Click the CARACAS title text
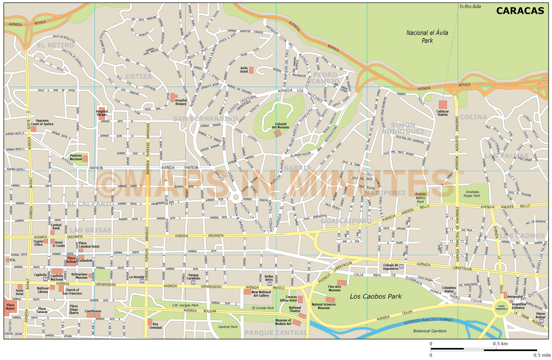click(x=520, y=11)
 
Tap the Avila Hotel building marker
click(x=251, y=70)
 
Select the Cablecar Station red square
click(x=443, y=105)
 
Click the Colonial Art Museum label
click(x=280, y=126)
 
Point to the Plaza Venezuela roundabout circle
click(x=501, y=307)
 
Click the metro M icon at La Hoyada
click(x=142, y=281)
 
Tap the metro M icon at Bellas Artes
click(x=269, y=284)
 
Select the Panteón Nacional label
click(x=76, y=157)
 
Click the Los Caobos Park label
click(x=376, y=296)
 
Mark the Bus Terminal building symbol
click(x=150, y=322)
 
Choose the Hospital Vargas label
click(x=102, y=113)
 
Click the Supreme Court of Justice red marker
click(x=33, y=129)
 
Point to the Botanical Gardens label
click(x=430, y=331)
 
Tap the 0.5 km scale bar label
click(x=500, y=344)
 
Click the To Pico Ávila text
click(x=470, y=6)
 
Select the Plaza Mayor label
click(x=10, y=307)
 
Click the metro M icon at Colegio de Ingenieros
click(x=401, y=266)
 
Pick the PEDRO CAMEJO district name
click(x=325, y=78)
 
